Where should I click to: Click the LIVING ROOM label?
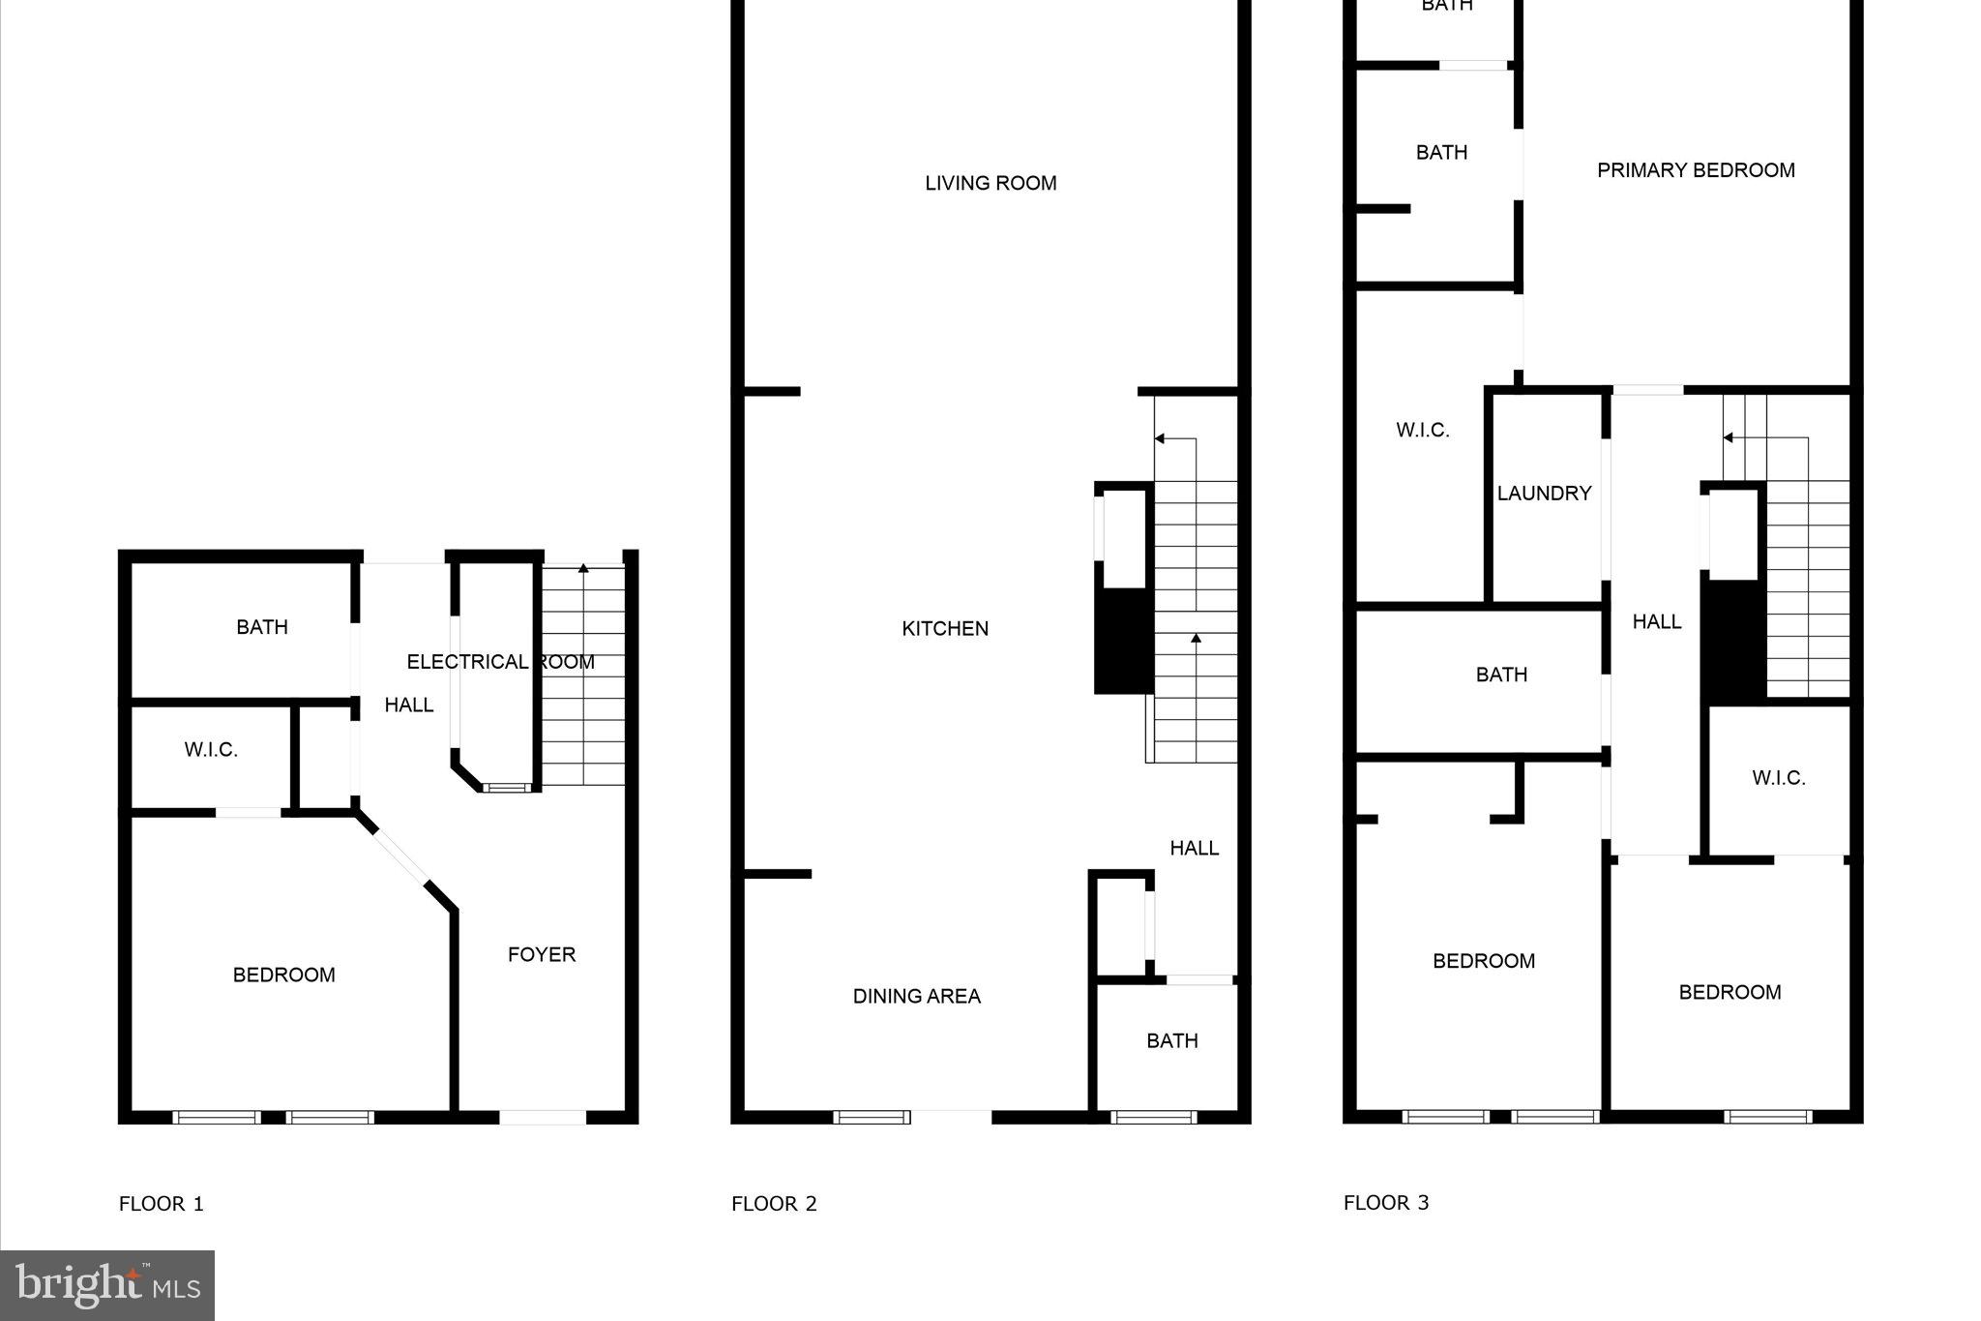point(990,183)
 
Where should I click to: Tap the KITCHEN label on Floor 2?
point(945,629)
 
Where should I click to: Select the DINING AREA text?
point(916,996)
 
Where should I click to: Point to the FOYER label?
point(542,954)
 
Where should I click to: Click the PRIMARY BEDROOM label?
point(1696,170)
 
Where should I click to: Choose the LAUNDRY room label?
point(1544,494)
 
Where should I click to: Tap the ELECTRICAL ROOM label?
point(500,662)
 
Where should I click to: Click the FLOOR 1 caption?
point(162,1204)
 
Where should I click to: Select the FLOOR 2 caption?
point(774,1204)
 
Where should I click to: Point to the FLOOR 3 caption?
point(1386,1203)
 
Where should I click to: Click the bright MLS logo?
point(107,1285)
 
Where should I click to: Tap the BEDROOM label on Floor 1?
point(283,975)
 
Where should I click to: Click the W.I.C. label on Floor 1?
point(211,750)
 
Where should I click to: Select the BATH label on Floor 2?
point(1172,1040)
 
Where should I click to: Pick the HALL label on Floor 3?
point(1657,621)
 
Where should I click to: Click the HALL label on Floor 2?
point(1194,848)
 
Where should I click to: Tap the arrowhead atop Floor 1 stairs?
point(583,568)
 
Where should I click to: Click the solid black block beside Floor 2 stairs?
point(1123,641)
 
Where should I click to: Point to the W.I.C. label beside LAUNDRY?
point(1423,431)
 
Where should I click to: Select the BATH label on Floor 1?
point(262,627)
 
